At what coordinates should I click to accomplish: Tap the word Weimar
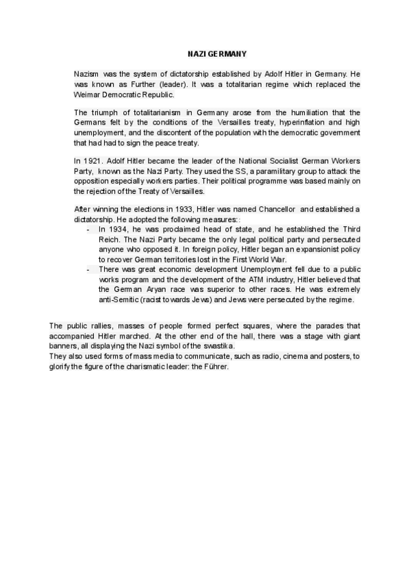(x=87, y=94)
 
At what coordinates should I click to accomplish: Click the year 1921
(x=97, y=161)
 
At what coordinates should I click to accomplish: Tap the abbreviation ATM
(x=243, y=280)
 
